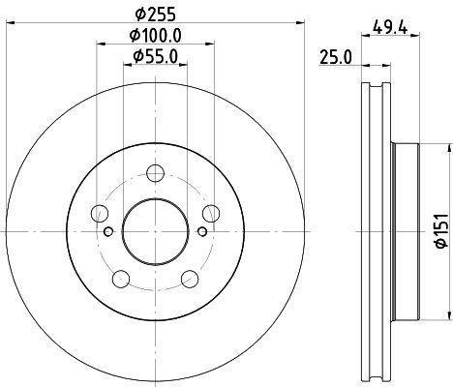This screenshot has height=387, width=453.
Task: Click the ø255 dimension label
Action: tap(156, 15)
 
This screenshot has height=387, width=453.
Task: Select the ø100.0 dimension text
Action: tap(156, 36)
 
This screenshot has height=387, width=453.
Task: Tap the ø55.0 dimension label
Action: tap(156, 57)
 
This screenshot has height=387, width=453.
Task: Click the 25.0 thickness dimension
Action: tap(336, 57)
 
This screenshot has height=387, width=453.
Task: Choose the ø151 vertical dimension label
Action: tap(442, 230)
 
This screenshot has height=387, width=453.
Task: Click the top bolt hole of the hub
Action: tap(155, 173)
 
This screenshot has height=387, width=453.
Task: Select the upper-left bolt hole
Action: tap(100, 213)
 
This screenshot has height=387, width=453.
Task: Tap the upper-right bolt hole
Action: tap(211, 213)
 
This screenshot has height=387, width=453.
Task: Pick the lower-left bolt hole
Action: tap(121, 279)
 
